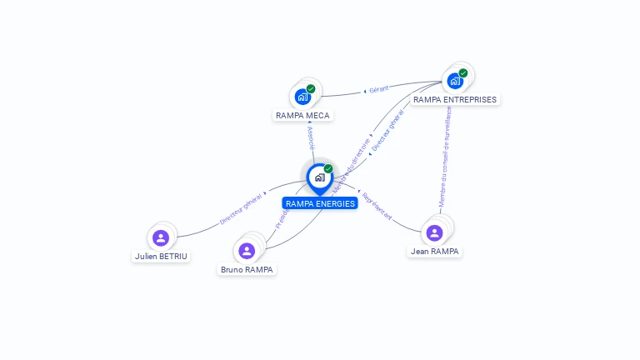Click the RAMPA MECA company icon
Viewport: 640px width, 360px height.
(302, 97)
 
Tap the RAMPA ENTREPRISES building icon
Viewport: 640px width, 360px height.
(454, 81)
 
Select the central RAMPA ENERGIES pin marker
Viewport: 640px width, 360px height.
(319, 177)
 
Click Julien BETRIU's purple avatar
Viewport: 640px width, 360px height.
(161, 237)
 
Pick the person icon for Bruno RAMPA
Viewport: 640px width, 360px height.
(246, 250)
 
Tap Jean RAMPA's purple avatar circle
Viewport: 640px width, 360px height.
(433, 232)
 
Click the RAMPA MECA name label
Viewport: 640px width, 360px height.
(302, 116)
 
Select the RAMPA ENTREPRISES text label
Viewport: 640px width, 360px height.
(455, 100)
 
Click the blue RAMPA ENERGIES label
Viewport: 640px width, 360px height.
(320, 203)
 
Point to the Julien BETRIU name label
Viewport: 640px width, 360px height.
(161, 257)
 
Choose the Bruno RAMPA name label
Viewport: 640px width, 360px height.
(247, 270)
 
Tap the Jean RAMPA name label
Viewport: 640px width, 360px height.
(434, 251)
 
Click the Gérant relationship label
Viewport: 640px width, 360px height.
(378, 89)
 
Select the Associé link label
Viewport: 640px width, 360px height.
(310, 137)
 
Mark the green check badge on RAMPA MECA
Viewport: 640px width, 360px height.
(311, 88)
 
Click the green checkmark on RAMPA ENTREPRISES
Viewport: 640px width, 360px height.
(463, 72)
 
